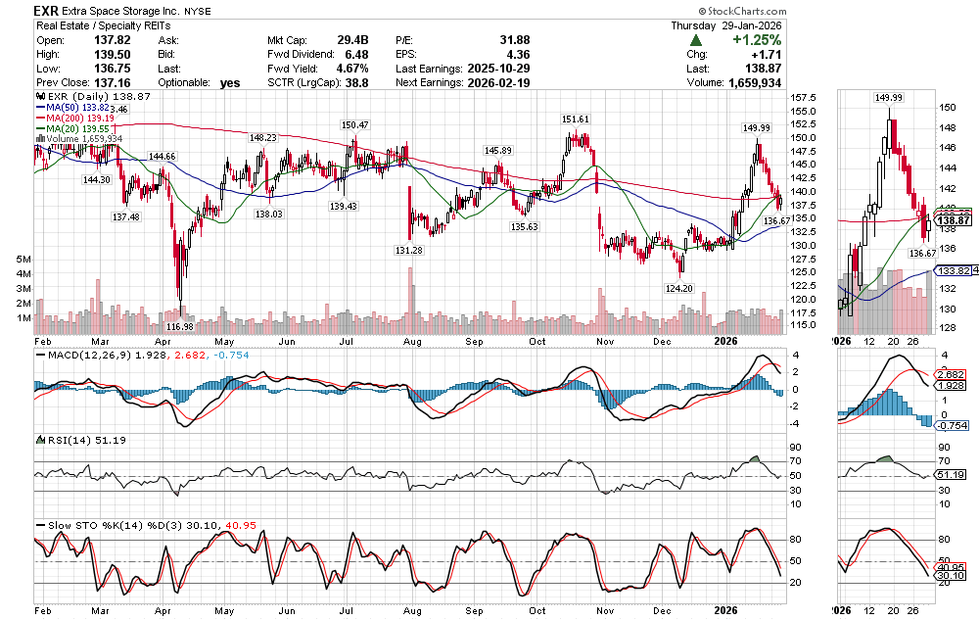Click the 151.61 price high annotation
[576, 119]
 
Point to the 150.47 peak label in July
[355, 125]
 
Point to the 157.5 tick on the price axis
[805, 98]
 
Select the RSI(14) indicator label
[61, 440]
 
